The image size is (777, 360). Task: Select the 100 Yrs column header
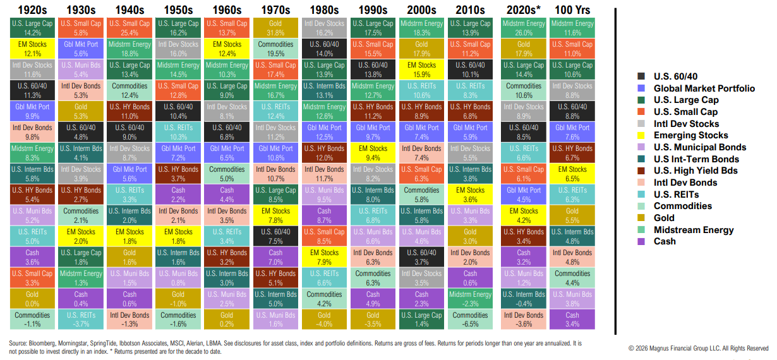click(572, 10)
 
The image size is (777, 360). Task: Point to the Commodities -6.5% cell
click(470, 319)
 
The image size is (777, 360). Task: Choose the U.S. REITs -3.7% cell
click(80, 319)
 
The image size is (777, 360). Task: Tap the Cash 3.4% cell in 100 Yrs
click(572, 319)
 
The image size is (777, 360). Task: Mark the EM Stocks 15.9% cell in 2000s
click(421, 70)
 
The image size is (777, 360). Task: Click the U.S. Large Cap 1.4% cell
click(421, 319)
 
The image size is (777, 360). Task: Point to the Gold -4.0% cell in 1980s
click(324, 319)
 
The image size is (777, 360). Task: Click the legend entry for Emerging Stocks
click(690, 135)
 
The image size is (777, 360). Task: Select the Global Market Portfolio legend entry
click(704, 88)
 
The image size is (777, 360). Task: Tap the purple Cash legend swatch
click(641, 241)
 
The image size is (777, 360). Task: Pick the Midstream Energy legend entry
click(694, 230)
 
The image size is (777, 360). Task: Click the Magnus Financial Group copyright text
click(699, 348)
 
